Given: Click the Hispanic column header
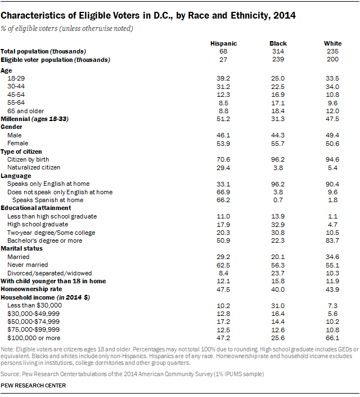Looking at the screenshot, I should [223, 43].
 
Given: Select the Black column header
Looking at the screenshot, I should [278, 43].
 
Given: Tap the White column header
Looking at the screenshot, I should [332, 43].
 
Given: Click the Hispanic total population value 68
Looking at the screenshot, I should [223, 51].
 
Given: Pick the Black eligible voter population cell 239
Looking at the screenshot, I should [278, 59].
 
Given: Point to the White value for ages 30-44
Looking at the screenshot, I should [332, 87].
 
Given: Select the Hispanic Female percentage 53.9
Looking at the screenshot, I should [223, 143].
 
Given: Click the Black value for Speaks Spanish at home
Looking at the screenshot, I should [278, 200].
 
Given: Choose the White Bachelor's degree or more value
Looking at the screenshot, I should [332, 240].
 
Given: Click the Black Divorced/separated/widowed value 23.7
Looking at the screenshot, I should [278, 273].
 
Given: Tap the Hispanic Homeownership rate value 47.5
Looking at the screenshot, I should [223, 289].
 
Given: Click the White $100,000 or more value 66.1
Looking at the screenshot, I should [332, 337].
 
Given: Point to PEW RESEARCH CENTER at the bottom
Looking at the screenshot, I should [33, 386].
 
